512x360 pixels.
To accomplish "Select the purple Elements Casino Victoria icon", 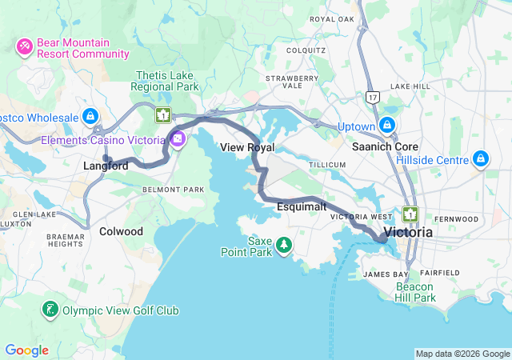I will [x=177, y=140].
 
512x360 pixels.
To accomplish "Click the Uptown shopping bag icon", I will [x=387, y=126].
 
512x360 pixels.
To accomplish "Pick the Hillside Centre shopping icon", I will [x=481, y=160].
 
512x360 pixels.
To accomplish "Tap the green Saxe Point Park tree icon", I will [x=284, y=251].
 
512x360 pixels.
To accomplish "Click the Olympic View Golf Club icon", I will [x=50, y=310].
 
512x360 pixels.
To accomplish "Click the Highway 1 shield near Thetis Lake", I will [x=163, y=115].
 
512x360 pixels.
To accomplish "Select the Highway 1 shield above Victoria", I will [x=411, y=214].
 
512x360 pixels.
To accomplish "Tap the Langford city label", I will [x=106, y=166].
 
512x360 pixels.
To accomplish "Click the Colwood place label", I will [x=121, y=231].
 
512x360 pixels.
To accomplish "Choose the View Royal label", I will [x=247, y=148].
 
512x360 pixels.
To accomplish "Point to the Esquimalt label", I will [x=302, y=206].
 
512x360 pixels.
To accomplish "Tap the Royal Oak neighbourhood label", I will [x=331, y=18].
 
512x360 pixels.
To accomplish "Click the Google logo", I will [x=26, y=350].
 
